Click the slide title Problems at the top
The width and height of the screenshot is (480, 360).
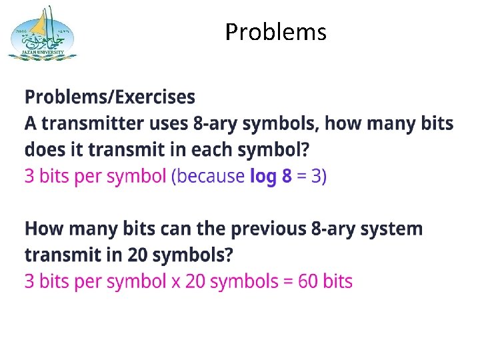click(275, 31)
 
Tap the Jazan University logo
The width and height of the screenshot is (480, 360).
click(41, 33)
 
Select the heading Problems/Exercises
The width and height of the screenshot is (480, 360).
click(110, 97)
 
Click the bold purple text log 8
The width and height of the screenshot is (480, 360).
click(270, 177)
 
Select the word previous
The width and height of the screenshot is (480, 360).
click(268, 229)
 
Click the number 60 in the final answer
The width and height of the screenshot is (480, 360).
click(308, 281)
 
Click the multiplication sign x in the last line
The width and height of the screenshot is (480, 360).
click(175, 281)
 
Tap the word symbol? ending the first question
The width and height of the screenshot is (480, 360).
click(279, 150)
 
